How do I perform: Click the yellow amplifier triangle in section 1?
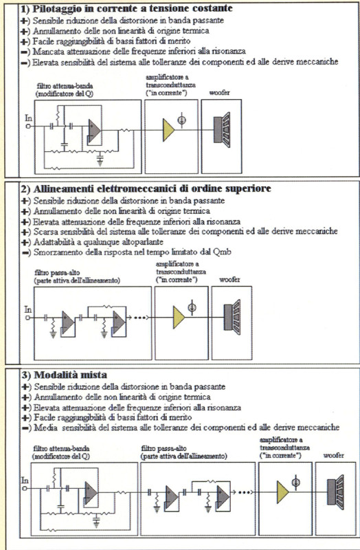point(168,126)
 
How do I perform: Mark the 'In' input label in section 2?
point(28,309)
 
